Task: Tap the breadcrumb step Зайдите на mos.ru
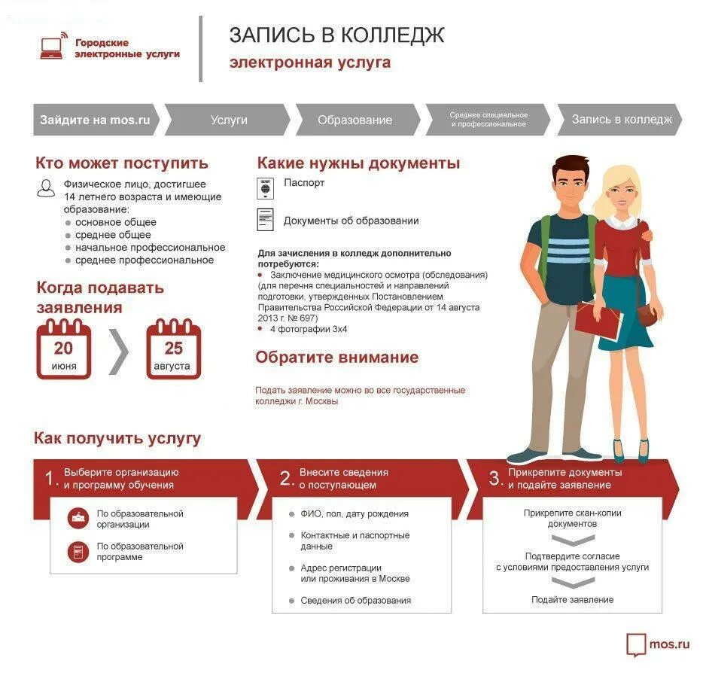tap(96, 120)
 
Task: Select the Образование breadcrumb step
tap(354, 120)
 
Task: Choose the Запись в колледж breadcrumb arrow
tap(621, 120)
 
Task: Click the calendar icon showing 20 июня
tap(64, 350)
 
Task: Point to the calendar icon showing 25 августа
tap(174, 350)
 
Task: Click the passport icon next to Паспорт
tap(265, 188)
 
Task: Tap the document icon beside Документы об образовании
tap(265, 220)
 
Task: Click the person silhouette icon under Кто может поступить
tap(46, 188)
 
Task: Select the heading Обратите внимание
tap(336, 358)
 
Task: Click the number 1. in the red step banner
tap(50, 479)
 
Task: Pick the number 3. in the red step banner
tap(494, 479)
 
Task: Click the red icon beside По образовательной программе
tap(78, 552)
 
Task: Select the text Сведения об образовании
tap(355, 601)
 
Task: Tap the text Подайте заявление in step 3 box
tap(572, 600)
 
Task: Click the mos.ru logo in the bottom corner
tap(658, 644)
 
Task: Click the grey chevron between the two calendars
tap(119, 350)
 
